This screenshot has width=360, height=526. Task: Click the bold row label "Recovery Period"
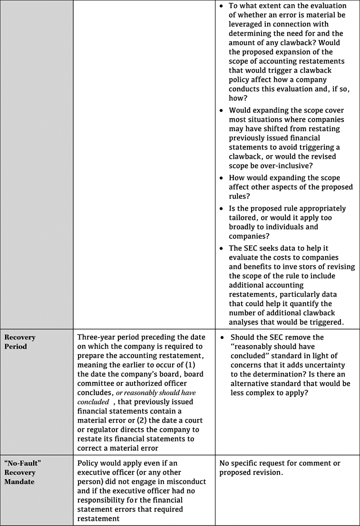click(x=20, y=342)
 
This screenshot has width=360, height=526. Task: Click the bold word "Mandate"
click(x=19, y=481)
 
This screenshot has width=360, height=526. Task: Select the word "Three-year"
click(x=97, y=337)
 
